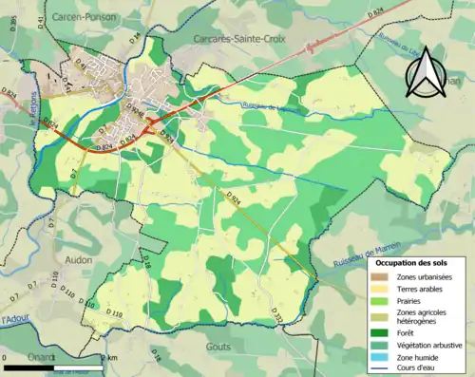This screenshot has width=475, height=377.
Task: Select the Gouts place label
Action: coord(218,348)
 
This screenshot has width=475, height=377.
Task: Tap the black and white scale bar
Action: coord(52,366)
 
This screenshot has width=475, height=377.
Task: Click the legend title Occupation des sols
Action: coord(410,261)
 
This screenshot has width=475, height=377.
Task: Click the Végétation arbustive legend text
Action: coord(427,345)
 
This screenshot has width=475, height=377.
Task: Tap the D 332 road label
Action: coord(277,314)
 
